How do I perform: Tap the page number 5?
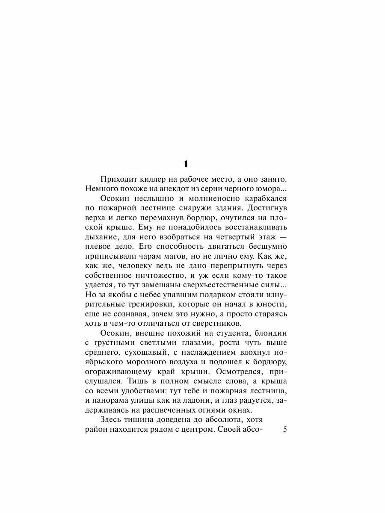[x=286, y=430]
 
